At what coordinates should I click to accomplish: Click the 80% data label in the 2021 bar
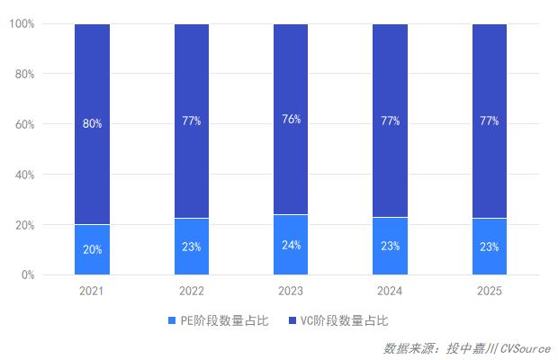click(92, 123)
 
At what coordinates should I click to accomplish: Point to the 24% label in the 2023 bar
click(291, 245)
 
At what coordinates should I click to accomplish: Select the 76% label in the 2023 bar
click(291, 120)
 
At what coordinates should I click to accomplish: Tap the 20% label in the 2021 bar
click(92, 249)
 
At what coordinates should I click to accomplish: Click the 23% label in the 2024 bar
click(390, 246)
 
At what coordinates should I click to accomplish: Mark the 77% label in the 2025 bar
click(490, 121)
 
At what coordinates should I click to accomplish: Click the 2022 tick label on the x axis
click(191, 291)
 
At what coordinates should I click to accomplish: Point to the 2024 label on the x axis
click(390, 291)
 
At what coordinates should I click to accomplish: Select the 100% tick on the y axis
click(22, 23)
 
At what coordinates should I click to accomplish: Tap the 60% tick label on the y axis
click(24, 124)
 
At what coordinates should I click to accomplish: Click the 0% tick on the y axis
click(27, 274)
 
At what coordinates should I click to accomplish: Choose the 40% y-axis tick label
click(24, 175)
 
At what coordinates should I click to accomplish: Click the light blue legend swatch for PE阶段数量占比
click(173, 320)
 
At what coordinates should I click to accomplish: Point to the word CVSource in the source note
click(526, 347)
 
